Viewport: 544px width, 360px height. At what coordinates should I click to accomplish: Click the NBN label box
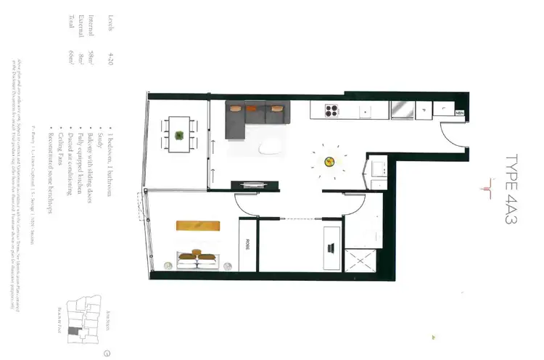[460, 114]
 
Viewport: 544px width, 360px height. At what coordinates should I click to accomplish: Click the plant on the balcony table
[178, 135]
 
